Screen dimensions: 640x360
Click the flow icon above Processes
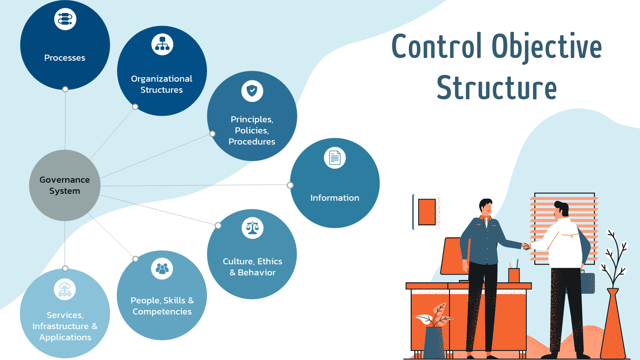click(x=65, y=19)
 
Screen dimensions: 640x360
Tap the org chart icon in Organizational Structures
click(x=162, y=44)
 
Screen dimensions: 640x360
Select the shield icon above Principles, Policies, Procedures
click(x=252, y=91)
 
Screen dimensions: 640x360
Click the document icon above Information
click(x=335, y=158)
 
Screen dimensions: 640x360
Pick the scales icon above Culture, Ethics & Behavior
click(x=252, y=228)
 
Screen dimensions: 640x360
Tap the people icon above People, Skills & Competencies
click(x=162, y=269)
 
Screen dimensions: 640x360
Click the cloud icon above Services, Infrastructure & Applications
click(x=65, y=289)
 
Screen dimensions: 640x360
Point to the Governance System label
click(x=65, y=185)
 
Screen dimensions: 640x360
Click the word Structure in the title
click(x=497, y=88)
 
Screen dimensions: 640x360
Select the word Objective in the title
click(x=547, y=47)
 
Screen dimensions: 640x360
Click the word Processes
click(x=65, y=58)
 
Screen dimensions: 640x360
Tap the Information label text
click(x=335, y=198)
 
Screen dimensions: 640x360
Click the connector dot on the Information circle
click(x=290, y=185)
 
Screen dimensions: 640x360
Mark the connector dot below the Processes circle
click(x=65, y=89)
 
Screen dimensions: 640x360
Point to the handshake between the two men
click(x=526, y=247)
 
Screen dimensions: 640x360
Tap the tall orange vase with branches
click(x=613, y=323)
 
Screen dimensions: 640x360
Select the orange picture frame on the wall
click(x=427, y=212)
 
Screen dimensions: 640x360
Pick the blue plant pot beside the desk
click(x=434, y=343)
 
